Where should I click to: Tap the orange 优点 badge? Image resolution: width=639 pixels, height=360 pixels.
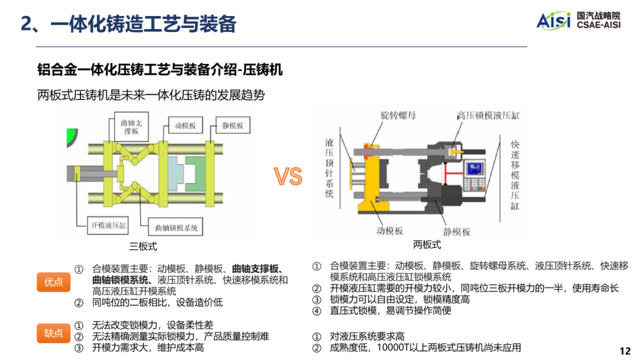coord(53,282)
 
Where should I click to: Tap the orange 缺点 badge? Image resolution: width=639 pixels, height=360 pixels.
coord(53,333)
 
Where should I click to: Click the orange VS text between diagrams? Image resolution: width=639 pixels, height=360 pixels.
coord(288,176)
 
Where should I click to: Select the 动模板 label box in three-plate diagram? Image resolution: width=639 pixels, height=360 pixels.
coord(186,126)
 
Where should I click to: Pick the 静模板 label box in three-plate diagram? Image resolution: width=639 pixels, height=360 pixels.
coord(233,126)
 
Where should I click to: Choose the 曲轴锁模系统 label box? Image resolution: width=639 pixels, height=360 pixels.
coord(176,227)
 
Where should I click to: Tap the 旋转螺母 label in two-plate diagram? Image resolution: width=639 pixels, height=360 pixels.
coord(390,115)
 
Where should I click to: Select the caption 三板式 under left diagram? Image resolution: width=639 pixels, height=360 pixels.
coord(143,246)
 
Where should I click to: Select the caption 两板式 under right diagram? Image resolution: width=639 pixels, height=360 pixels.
coord(427,245)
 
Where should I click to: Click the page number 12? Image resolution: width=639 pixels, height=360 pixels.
coord(625,351)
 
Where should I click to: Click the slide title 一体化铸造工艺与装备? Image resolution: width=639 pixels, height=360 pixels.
coord(128,23)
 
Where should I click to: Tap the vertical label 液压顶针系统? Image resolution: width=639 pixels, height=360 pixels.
coord(330,168)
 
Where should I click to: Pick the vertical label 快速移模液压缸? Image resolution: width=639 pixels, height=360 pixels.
coord(515,175)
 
